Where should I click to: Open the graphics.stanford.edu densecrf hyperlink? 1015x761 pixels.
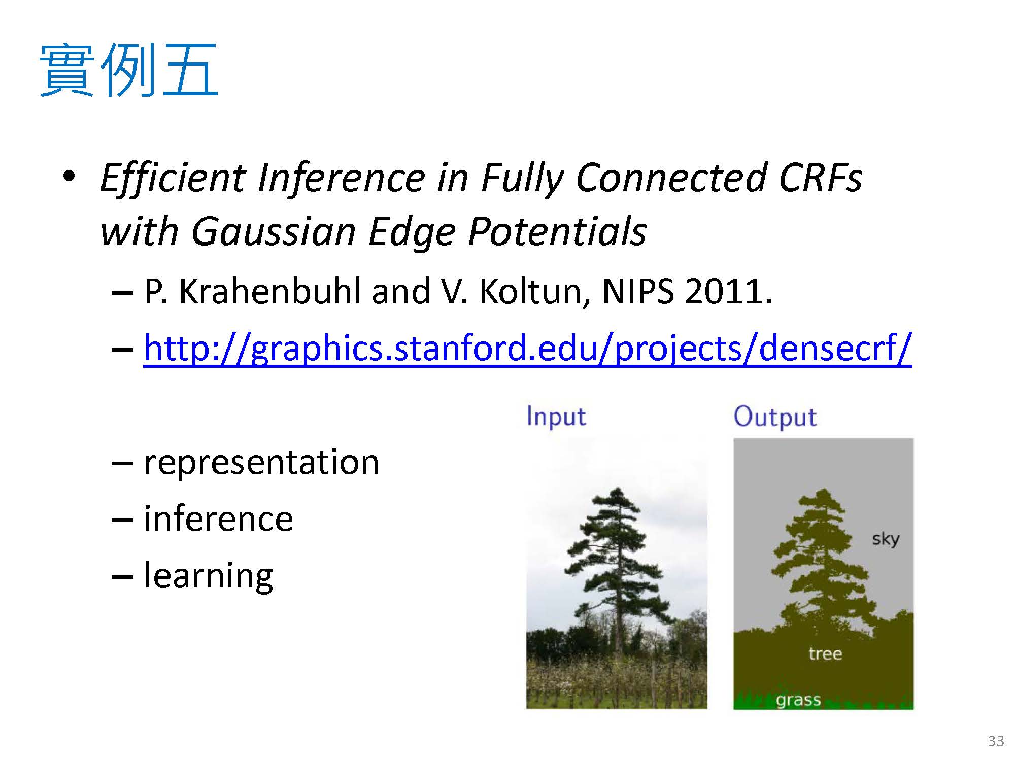tap(528, 349)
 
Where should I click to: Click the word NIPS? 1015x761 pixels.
tap(637, 292)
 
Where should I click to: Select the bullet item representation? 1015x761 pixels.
tap(261, 463)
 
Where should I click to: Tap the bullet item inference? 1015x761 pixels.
tap(219, 518)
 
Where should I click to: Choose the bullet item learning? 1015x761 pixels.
tap(209, 576)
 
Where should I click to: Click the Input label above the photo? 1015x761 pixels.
tap(556, 417)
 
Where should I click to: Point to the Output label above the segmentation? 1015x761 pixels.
tap(775, 417)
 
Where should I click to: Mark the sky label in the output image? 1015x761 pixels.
tap(886, 539)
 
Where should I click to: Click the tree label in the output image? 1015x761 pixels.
tap(825, 653)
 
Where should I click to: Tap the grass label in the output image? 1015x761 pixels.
tap(798, 701)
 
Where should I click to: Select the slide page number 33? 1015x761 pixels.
tap(996, 741)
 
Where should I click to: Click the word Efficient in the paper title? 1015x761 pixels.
tap(173, 178)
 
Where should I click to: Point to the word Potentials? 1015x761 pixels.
tap(557, 231)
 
